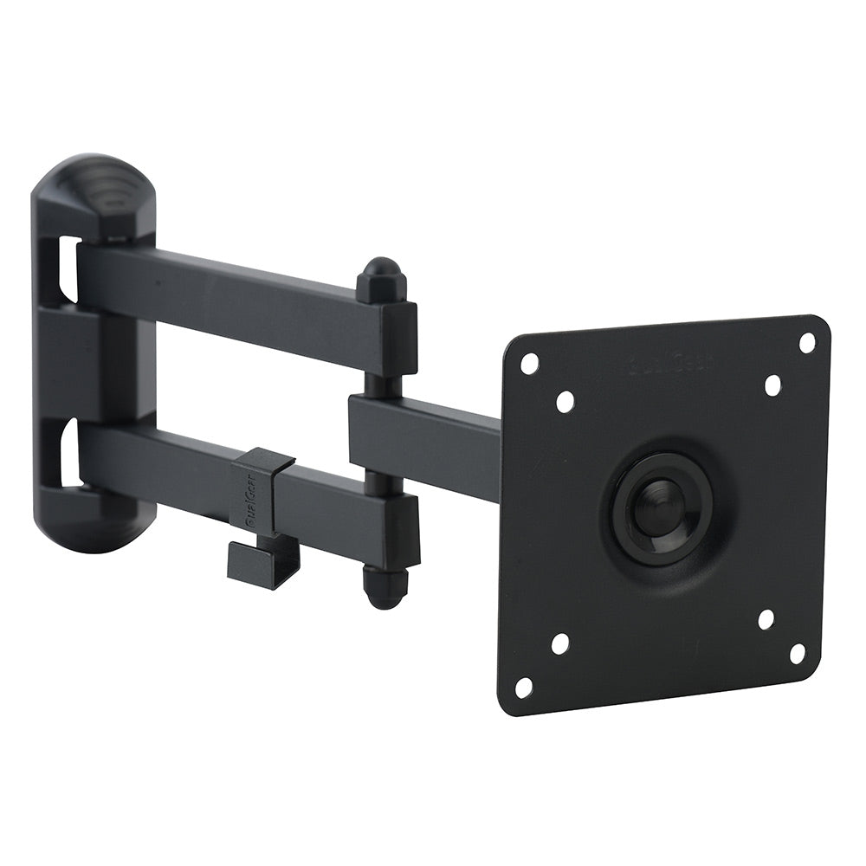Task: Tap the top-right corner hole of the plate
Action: pyautogui.click(x=807, y=342)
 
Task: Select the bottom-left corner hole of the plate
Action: pyautogui.click(x=524, y=687)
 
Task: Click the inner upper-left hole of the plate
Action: pyautogui.click(x=565, y=401)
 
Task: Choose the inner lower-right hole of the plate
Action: pyautogui.click(x=766, y=619)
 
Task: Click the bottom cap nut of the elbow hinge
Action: pyautogui.click(x=378, y=589)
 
